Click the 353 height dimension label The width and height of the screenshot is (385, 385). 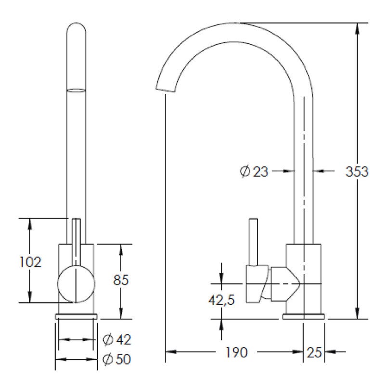pyautogui.click(x=357, y=171)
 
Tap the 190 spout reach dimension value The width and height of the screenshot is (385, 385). pyautogui.click(x=236, y=352)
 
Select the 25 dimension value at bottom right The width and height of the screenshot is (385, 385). pyautogui.click(x=314, y=352)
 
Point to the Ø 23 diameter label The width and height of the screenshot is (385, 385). pyautogui.click(x=254, y=171)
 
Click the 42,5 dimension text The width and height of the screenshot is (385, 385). pyautogui.click(x=221, y=300)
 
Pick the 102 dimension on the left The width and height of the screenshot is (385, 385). pyautogui.click(x=30, y=262)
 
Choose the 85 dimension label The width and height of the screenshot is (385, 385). pyautogui.click(x=121, y=280)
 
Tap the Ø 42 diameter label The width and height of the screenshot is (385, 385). pyautogui.click(x=116, y=340)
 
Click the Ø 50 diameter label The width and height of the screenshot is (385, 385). pyautogui.click(x=116, y=359)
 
